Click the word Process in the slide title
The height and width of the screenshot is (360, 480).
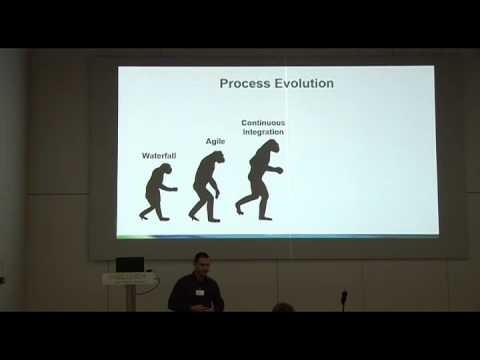point(244,83)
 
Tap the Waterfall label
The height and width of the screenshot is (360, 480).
point(158,155)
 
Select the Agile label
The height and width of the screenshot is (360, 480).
point(215,141)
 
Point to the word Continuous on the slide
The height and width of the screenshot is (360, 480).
point(263,123)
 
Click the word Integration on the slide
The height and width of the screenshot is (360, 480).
point(263,132)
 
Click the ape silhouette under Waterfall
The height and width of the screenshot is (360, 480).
point(158,192)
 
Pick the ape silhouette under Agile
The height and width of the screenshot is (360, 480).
point(206,186)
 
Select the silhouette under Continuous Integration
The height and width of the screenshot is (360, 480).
point(261,180)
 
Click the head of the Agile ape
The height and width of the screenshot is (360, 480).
point(216,158)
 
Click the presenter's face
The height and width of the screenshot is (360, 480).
point(201,266)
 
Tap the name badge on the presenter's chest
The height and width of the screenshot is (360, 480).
point(200,292)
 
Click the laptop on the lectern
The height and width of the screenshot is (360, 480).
point(130,265)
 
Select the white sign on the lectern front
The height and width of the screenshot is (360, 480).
point(129,280)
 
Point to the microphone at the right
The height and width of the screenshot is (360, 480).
point(343,297)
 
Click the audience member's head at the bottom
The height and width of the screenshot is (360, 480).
point(283,308)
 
